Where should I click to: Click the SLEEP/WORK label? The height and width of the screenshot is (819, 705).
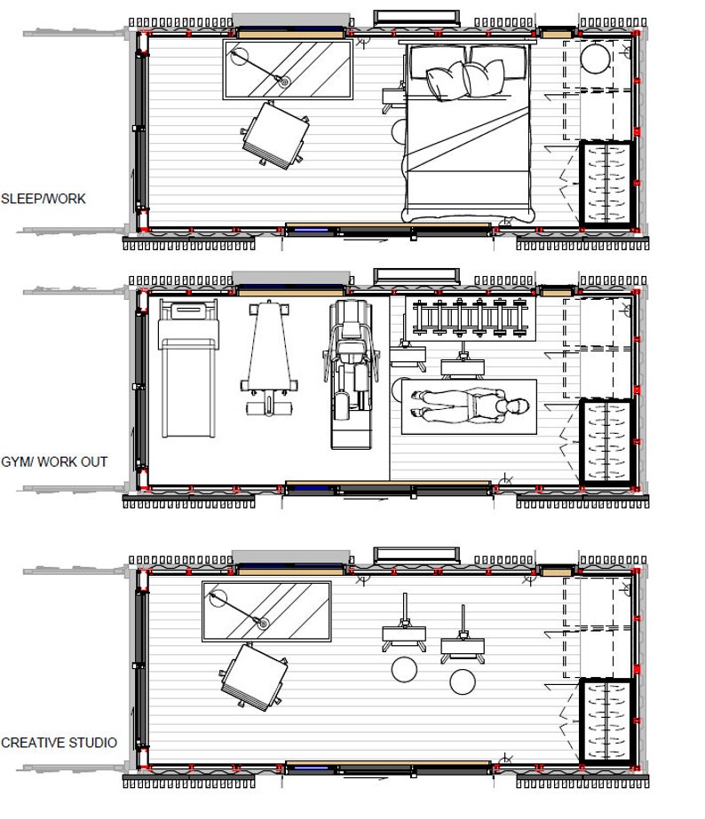click(x=44, y=199)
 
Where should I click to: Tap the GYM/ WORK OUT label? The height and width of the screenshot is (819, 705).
click(x=54, y=461)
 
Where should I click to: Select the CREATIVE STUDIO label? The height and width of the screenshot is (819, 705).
click(x=59, y=742)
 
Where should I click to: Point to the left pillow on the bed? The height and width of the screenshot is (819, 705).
click(x=444, y=81)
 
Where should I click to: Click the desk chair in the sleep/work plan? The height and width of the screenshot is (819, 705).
click(x=275, y=134)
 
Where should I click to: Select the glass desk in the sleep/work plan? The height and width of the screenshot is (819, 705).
click(x=288, y=70)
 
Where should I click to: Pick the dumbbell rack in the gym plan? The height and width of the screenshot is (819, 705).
click(x=471, y=318)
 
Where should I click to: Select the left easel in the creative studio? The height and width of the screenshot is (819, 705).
click(x=405, y=631)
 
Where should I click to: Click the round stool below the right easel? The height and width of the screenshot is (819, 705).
click(x=462, y=681)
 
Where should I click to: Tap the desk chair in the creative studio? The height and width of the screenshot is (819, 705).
click(x=254, y=674)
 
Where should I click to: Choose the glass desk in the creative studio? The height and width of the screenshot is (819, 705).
click(x=266, y=611)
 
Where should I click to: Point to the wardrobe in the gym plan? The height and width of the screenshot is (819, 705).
click(x=606, y=441)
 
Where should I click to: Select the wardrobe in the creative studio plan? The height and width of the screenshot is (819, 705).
click(x=606, y=721)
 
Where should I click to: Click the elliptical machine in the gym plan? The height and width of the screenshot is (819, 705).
click(x=351, y=373)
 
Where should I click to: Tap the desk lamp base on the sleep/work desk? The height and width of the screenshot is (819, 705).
click(x=284, y=81)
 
